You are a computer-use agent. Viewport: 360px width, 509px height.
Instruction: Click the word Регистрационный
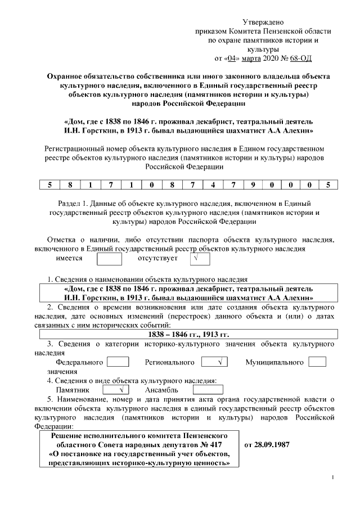pyautogui.click(x=76, y=149)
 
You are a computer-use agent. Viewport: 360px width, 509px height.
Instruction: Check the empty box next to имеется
pyautogui.click(x=109, y=259)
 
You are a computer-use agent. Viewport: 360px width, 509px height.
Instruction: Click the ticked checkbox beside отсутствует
pyautogui.click(x=197, y=259)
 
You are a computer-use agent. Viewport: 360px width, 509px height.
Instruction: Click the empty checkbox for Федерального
pyautogui.click(x=118, y=362)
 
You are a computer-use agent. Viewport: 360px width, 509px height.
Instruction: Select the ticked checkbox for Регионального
pyautogui.click(x=214, y=362)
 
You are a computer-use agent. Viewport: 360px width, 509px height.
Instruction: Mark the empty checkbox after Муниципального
pyautogui.click(x=317, y=362)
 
